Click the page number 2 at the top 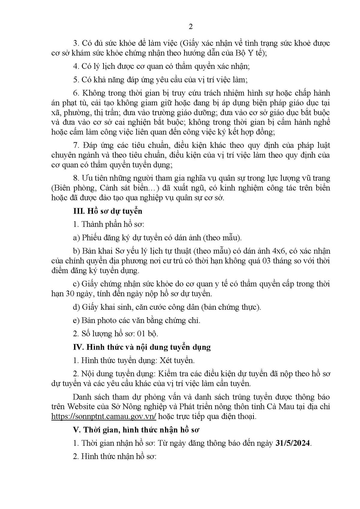pyautogui.click(x=190, y=27)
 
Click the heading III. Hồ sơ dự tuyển pyautogui.click(x=108, y=211)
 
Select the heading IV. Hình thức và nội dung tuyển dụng pyautogui.click(x=142, y=347)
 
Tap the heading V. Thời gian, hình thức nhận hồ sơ pyautogui.click(x=136, y=429)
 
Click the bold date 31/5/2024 pyautogui.click(x=293, y=443)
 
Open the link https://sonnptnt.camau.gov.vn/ pyautogui.click(x=104, y=416)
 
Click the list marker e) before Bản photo pyautogui.click(x=76, y=320)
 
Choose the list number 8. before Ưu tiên pyautogui.click(x=76, y=178)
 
